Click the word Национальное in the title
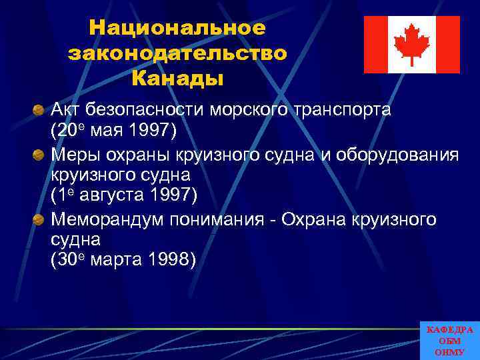177,28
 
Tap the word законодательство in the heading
177,53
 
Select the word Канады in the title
177,79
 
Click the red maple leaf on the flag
411,44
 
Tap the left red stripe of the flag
375,45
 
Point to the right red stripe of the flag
447,45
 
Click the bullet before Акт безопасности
40,109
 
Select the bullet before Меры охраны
40,155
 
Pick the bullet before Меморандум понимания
40,219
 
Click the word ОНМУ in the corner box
449,351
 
